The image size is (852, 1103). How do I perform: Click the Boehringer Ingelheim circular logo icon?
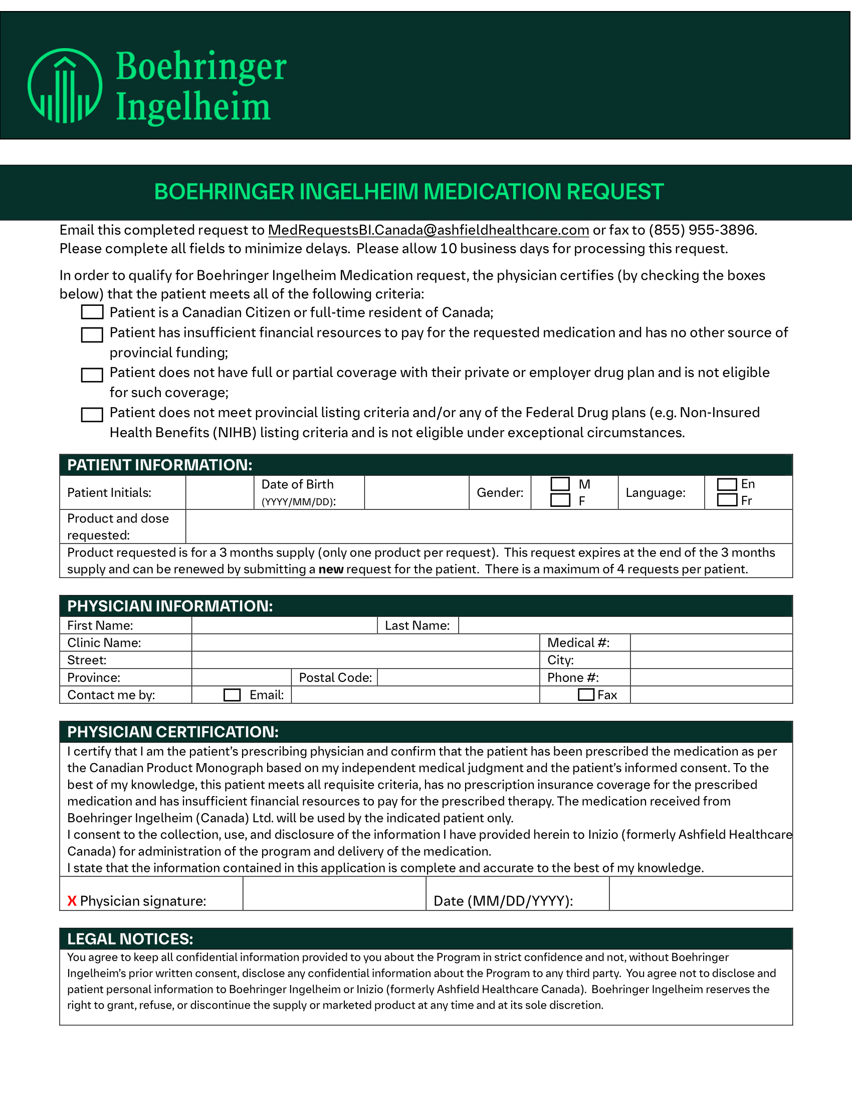pos(65,86)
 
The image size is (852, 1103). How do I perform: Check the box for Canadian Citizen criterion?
pos(92,312)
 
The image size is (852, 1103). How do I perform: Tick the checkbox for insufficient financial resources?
pos(92,335)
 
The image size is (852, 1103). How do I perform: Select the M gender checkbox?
pos(560,484)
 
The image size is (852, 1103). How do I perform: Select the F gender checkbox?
pos(560,500)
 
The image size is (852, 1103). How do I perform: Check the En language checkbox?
pos(727,484)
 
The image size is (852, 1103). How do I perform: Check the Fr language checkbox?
pos(727,500)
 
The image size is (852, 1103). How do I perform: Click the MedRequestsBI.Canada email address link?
pos(428,230)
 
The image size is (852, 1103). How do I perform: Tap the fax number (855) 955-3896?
pos(702,230)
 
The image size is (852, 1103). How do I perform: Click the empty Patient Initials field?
pos(220,492)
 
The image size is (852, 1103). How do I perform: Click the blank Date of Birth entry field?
pos(416,492)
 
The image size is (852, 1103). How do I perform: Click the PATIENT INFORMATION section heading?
pos(159,465)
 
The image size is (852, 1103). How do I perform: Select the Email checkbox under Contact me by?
pos(232,695)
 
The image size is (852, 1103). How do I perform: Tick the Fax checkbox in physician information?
pos(586,695)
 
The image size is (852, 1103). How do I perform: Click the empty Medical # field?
pos(711,643)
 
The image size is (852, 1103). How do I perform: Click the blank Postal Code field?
pos(458,677)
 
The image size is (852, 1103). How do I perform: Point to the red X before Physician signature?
pos(72,901)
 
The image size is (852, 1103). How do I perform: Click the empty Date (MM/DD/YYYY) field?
pos(700,894)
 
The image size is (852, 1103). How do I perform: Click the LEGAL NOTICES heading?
pos(130,939)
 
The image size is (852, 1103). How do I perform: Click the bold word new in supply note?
pos(331,569)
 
